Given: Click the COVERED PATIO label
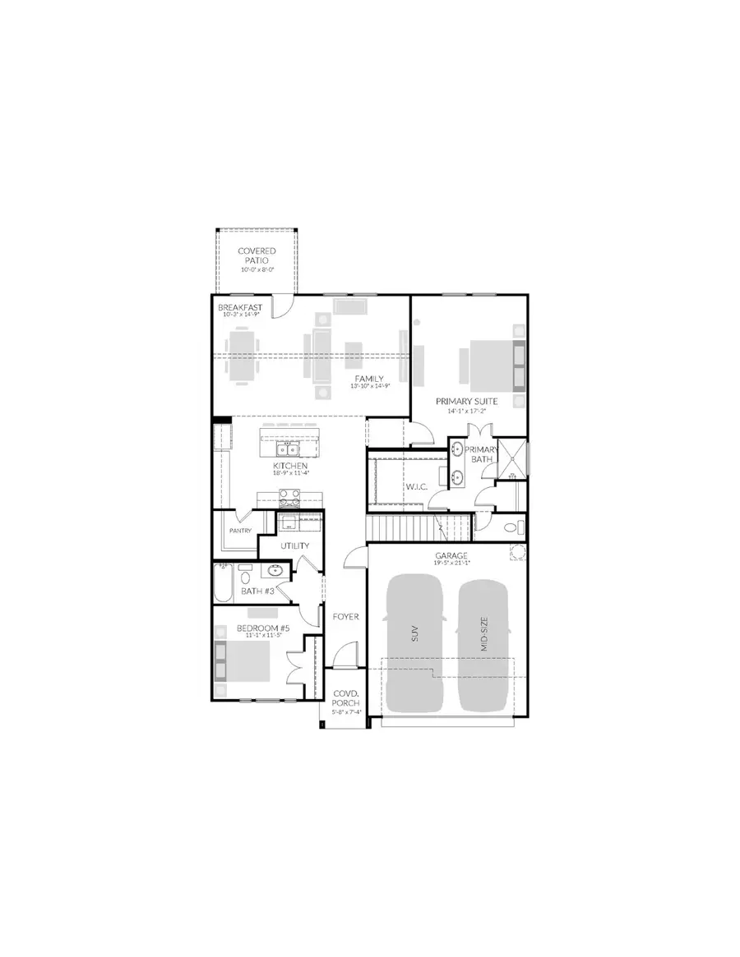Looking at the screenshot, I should click(x=257, y=255).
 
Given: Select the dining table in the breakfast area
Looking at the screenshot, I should click(x=241, y=356).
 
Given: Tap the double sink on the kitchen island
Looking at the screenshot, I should click(x=287, y=449).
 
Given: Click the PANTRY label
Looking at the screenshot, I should click(x=241, y=531).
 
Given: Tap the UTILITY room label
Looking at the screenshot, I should click(x=294, y=545).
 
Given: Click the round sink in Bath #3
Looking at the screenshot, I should click(x=275, y=571).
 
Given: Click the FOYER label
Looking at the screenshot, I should click(x=345, y=616).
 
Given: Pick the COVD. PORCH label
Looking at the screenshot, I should click(x=341, y=699).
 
